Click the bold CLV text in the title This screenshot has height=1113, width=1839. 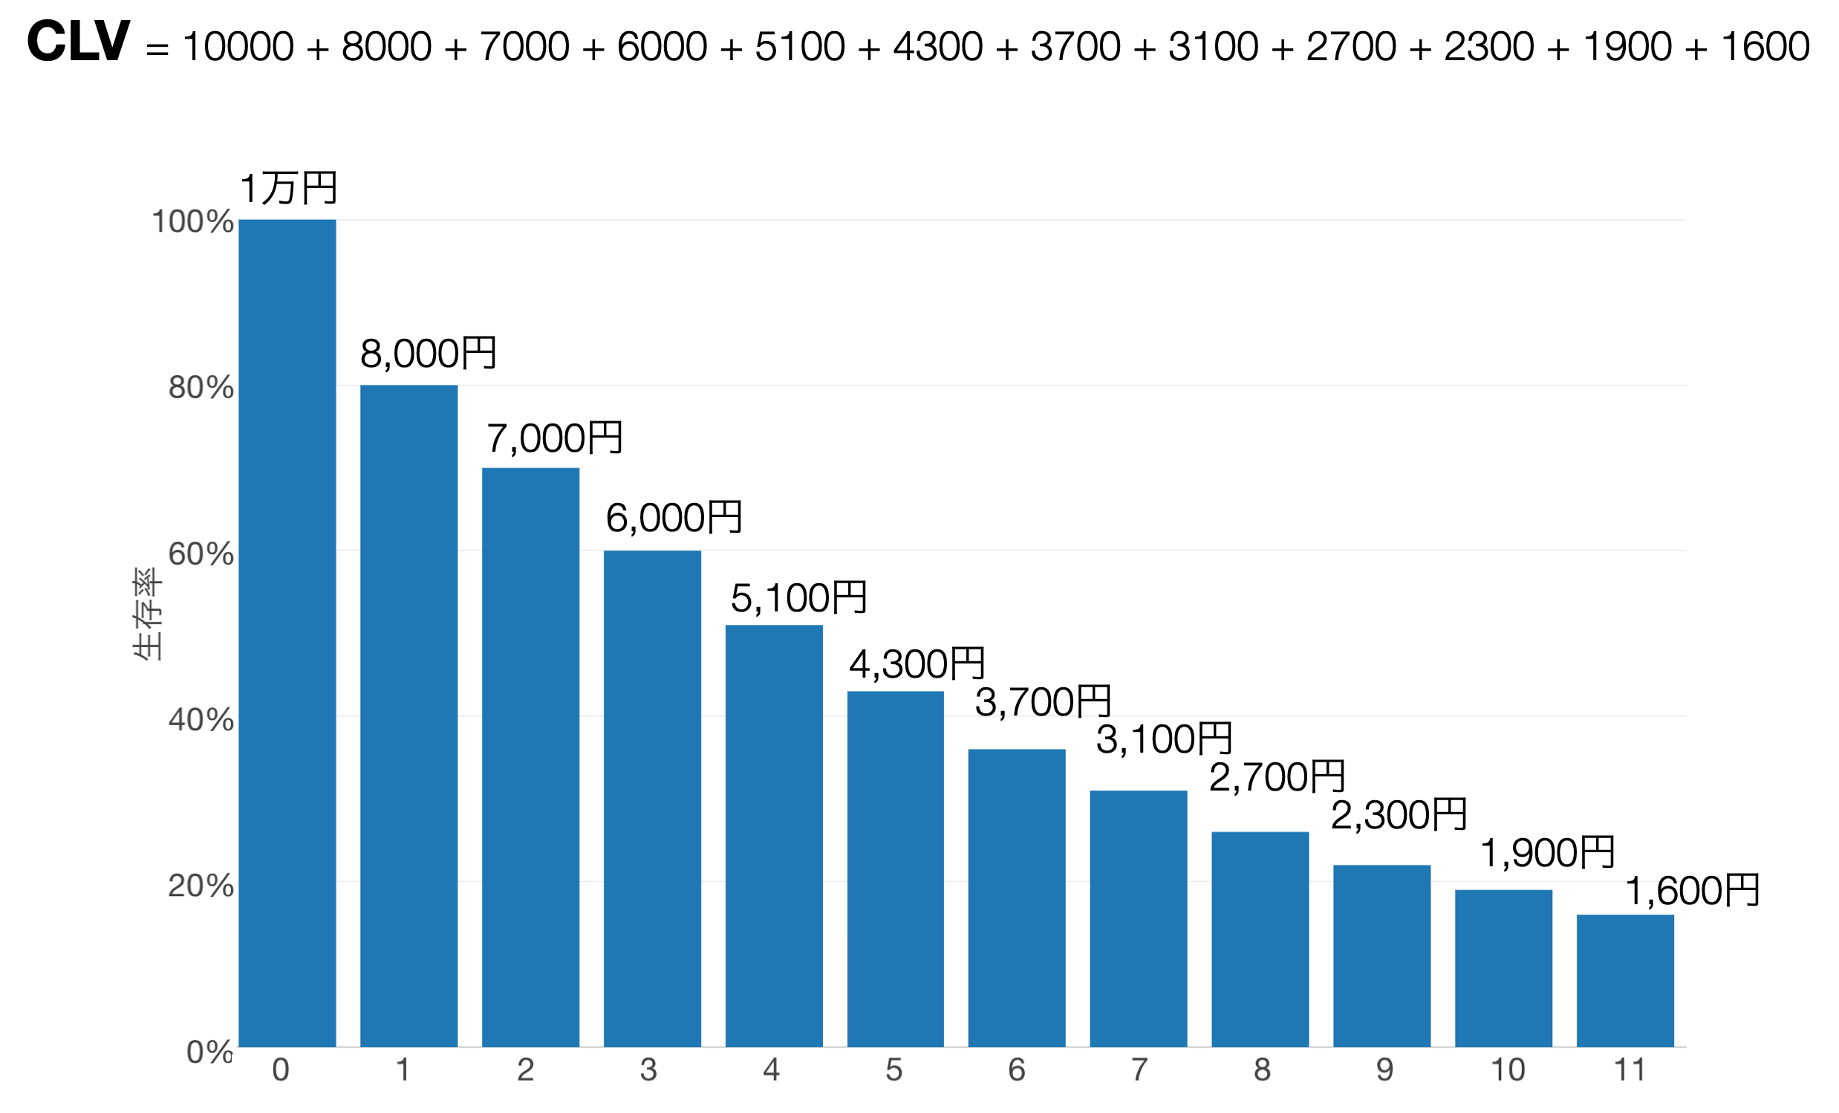[x=79, y=42]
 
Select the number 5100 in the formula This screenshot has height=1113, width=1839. [x=800, y=46]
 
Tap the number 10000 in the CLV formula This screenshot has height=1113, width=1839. [x=238, y=46]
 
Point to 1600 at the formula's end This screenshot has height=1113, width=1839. [x=1765, y=46]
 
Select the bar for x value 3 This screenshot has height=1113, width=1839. [x=652, y=799]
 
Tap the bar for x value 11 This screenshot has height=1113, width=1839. [x=1625, y=981]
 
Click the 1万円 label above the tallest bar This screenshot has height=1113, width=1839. [x=288, y=188]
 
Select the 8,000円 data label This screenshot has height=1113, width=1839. [x=428, y=353]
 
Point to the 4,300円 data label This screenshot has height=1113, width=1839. [x=917, y=663]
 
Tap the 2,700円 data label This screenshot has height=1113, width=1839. [x=1277, y=777]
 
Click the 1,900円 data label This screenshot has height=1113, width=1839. [x=1547, y=852]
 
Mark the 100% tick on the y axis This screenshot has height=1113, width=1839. [x=192, y=221]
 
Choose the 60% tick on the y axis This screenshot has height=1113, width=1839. [x=201, y=554]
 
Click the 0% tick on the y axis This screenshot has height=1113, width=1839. [x=209, y=1052]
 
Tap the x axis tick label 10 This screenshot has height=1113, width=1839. [x=1508, y=1070]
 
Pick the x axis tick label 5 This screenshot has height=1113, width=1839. [x=894, y=1070]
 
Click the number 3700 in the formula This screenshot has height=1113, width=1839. [x=1075, y=46]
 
